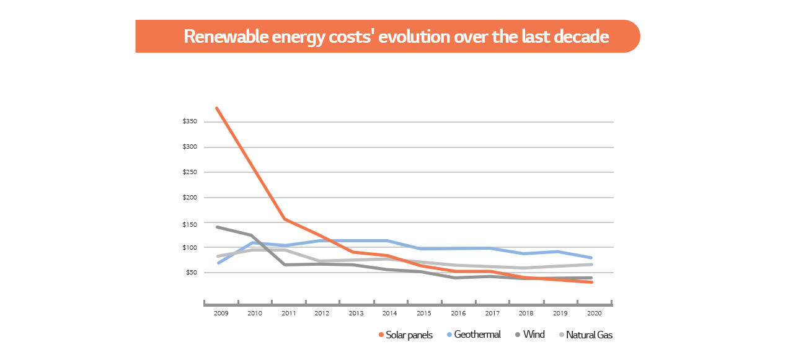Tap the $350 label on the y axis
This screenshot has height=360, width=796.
pyautogui.click(x=190, y=121)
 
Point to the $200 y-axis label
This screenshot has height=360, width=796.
pyautogui.click(x=190, y=198)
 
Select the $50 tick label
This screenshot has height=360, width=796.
pyautogui.click(x=191, y=273)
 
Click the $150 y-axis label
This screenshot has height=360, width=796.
pyautogui.click(x=190, y=224)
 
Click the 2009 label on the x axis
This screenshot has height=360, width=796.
pyautogui.click(x=221, y=314)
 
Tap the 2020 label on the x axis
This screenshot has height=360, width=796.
pyautogui.click(x=593, y=314)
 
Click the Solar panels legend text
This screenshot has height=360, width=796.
pyautogui.click(x=409, y=335)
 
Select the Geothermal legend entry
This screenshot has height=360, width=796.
pyautogui.click(x=477, y=335)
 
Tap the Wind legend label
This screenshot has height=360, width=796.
pyautogui.click(x=534, y=335)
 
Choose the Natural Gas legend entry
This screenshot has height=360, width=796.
pyautogui.click(x=590, y=335)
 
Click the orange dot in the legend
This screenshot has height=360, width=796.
pyautogui.click(x=381, y=335)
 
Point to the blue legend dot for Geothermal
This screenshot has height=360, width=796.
pyautogui.click(x=449, y=335)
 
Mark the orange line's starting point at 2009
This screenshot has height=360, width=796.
pyautogui.click(x=216, y=108)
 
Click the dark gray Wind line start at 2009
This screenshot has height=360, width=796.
pyautogui.click(x=216, y=227)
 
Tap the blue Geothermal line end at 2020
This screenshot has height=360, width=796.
pyautogui.click(x=591, y=258)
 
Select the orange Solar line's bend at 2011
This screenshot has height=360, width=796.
pyautogui.click(x=284, y=219)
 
